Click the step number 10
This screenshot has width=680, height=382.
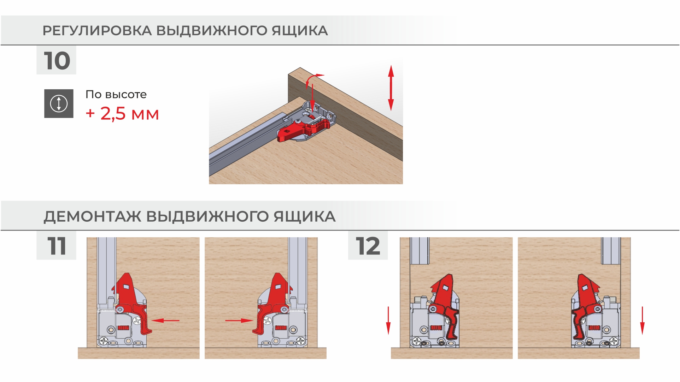pyautogui.click(x=57, y=61)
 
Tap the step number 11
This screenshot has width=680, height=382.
pyautogui.click(x=57, y=246)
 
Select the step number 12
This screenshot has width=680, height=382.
pyautogui.click(x=368, y=246)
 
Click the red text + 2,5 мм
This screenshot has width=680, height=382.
pyautogui.click(x=122, y=114)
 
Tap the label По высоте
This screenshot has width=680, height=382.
pyautogui.click(x=116, y=95)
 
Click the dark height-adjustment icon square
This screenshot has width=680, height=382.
pyautogui.click(x=59, y=103)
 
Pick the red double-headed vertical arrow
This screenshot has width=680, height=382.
pyautogui.click(x=391, y=88)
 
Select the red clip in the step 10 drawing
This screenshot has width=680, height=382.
pyautogui.click(x=303, y=129)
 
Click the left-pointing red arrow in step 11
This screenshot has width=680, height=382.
pyautogui.click(x=165, y=321)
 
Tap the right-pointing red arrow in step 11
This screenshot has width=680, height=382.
pyautogui.click(x=239, y=321)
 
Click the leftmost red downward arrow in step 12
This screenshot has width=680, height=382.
pyautogui.click(x=388, y=321)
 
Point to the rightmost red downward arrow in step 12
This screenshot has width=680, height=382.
pyautogui.click(x=642, y=321)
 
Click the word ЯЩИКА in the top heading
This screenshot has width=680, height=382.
pyautogui.click(x=300, y=31)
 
